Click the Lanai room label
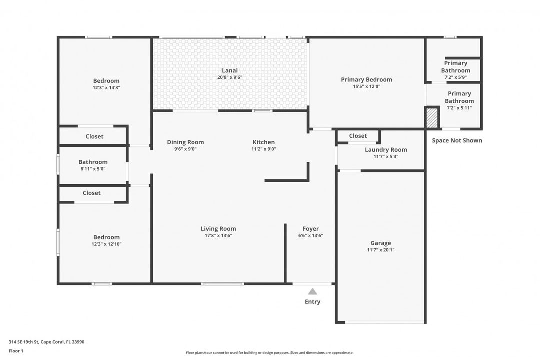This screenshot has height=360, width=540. (230, 70)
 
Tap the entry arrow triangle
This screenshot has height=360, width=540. (312, 291)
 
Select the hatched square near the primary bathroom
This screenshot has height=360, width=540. (432, 118)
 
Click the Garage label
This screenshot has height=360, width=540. (380, 243)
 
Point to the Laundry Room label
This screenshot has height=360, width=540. (386, 150)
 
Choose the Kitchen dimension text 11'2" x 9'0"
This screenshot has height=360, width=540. (263, 149)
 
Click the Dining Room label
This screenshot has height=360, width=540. (185, 142)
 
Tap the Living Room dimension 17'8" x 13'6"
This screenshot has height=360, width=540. (218, 235)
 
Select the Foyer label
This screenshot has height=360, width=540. (310, 229)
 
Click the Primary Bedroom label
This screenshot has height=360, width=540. (366, 80)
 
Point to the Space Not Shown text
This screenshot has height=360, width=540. (457, 140)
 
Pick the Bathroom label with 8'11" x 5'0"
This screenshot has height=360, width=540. (93, 162)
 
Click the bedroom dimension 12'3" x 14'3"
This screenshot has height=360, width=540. (106, 87)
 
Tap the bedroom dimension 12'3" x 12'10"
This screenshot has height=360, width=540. (106, 244)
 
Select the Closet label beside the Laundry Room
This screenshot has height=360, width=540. (358, 136)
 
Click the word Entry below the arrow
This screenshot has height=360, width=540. (312, 302)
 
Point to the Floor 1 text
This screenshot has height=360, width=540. (16, 351)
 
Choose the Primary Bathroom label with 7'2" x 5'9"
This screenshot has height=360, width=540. (455, 67)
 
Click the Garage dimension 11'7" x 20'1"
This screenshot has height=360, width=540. (380, 250)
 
